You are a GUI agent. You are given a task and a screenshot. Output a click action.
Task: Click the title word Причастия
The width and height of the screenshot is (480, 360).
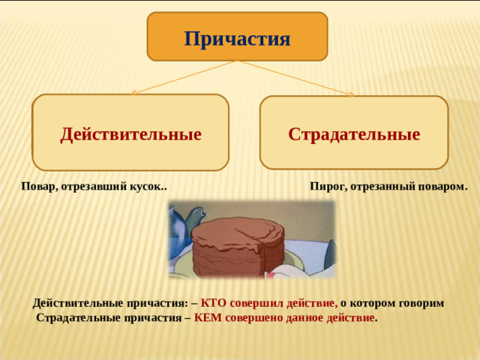tap(237, 37)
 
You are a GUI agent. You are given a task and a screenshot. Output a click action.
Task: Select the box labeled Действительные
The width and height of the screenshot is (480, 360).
tap(130, 133)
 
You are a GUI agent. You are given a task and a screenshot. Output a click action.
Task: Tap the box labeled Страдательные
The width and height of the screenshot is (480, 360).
tap(354, 133)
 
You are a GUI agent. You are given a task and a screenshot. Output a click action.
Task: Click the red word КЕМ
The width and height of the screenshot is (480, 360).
tap(209, 317)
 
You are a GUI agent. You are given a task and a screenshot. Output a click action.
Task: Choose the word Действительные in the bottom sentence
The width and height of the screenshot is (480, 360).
tap(73, 303)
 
